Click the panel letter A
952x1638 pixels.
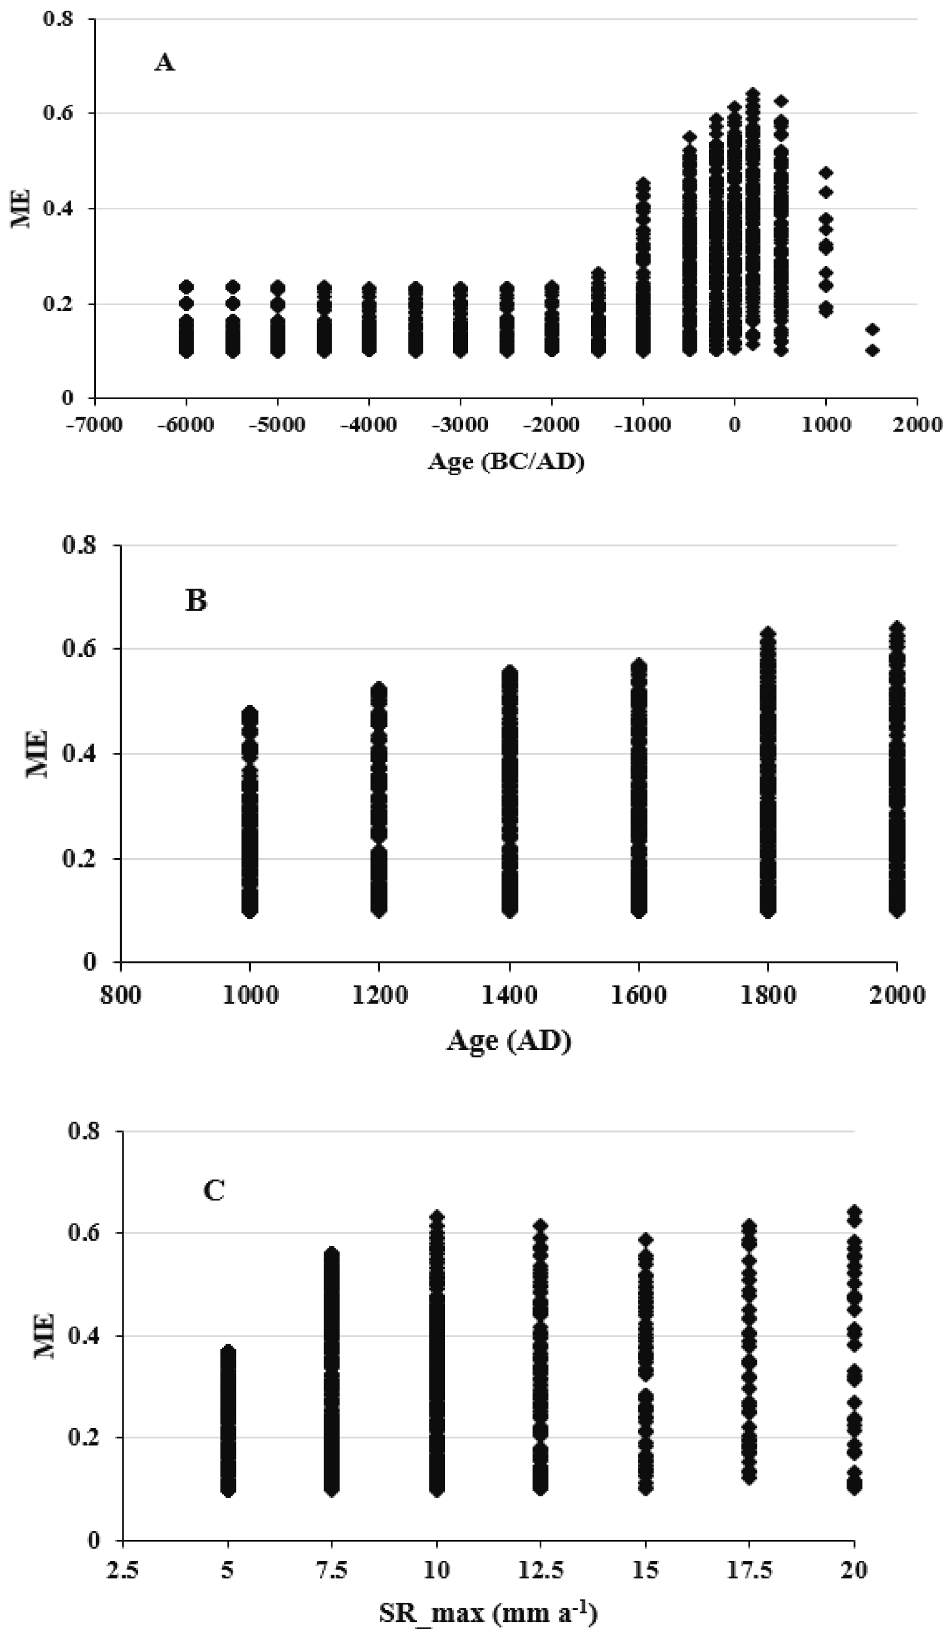pos(164,63)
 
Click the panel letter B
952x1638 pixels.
pos(196,601)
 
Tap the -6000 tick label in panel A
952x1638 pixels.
pos(185,425)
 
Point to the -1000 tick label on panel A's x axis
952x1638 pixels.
pos(641,425)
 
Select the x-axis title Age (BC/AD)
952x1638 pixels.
pos(506,462)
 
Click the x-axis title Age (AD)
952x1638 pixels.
pos(508,1041)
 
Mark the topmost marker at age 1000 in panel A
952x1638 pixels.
pos(826,173)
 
